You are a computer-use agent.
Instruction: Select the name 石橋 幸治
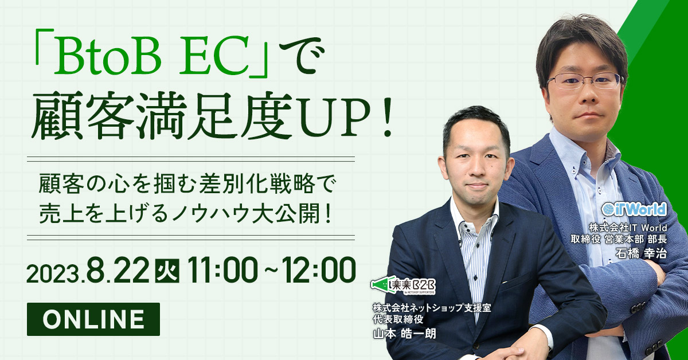click(x=642, y=252)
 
